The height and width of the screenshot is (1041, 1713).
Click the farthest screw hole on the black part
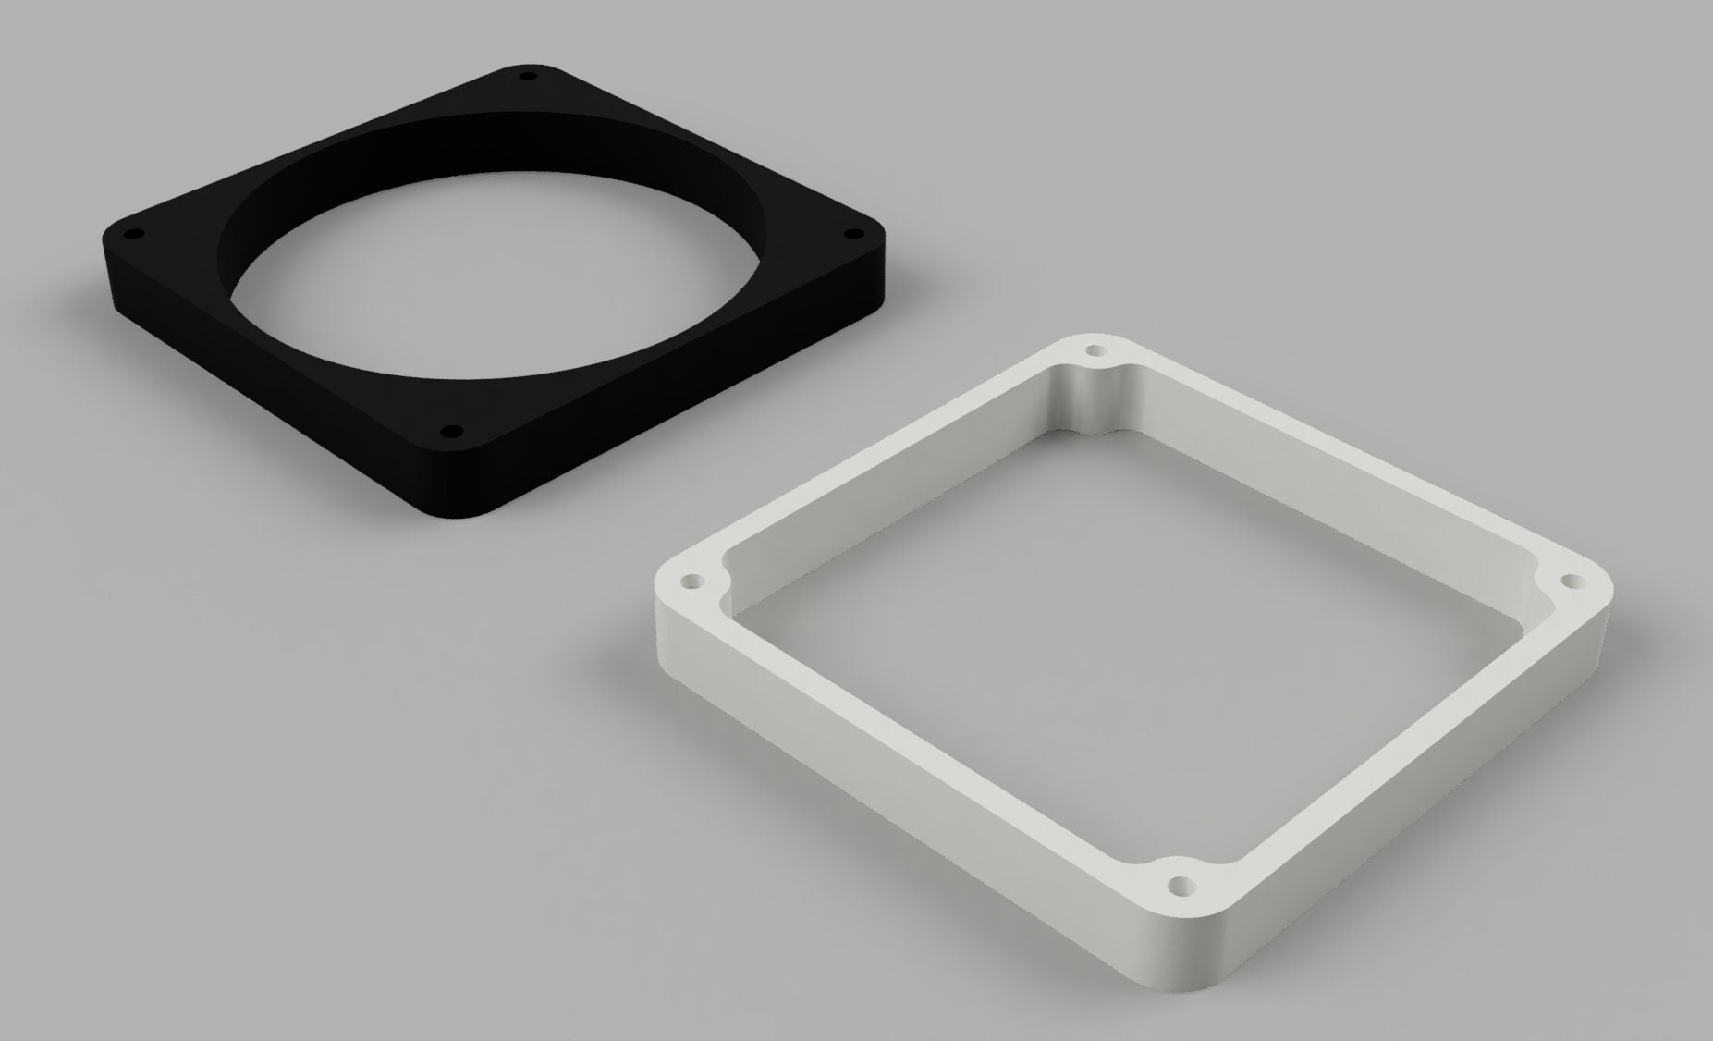pos(528,76)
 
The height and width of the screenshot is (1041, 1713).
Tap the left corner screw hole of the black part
pos(130,234)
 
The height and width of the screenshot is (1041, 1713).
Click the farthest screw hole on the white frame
pos(1096,350)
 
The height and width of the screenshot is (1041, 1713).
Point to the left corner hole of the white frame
pos(691,582)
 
